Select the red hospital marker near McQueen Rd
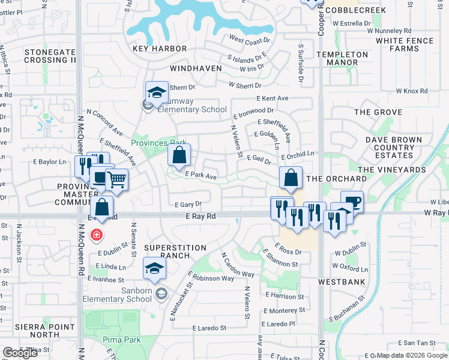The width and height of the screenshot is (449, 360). click(x=96, y=235)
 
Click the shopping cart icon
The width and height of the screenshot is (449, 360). click(x=116, y=179)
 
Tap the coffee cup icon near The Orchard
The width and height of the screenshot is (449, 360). click(x=352, y=201)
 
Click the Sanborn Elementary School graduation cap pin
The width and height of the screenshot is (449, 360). click(x=154, y=269)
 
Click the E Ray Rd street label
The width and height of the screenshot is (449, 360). click(x=200, y=215)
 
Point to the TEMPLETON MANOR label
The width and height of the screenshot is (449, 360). click(x=342, y=58)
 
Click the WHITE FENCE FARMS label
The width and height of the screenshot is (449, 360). click(x=405, y=44)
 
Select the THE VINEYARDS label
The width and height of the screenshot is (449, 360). click(x=393, y=170)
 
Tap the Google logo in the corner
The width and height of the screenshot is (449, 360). click(x=20, y=353)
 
